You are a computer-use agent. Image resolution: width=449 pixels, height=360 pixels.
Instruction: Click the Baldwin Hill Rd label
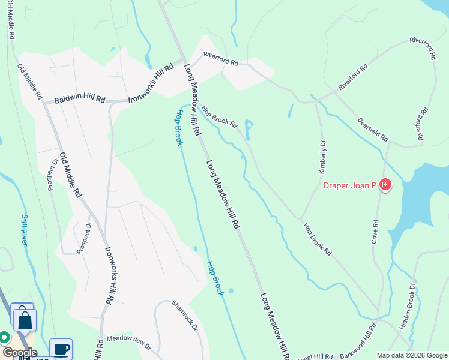click(80, 100)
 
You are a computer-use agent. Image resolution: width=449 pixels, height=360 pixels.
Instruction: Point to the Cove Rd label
click(375, 231)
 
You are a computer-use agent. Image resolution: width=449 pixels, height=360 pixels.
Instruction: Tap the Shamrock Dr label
click(185, 314)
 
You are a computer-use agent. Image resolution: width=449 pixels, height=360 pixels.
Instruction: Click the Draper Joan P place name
click(349, 185)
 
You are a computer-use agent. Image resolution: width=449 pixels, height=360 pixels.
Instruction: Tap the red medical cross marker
click(384, 185)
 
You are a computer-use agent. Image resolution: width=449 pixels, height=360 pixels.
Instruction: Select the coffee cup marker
click(61, 349)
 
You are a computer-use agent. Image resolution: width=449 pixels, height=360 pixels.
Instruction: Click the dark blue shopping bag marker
click(25, 320)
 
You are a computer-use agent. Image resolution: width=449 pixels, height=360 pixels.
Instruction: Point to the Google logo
click(19, 353)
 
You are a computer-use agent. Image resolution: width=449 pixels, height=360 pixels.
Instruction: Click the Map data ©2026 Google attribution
click(412, 355)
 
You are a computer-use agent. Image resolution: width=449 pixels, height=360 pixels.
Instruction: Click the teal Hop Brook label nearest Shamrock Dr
click(215, 278)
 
